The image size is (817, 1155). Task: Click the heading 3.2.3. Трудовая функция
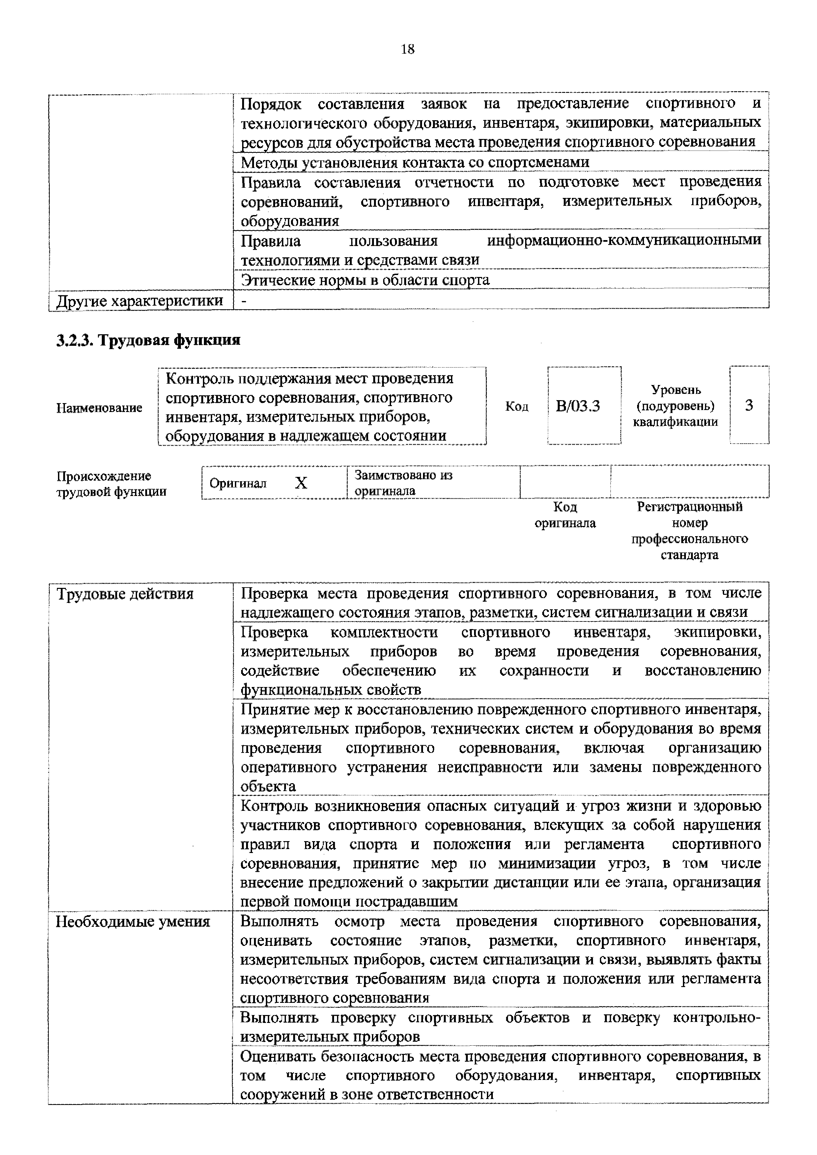click(x=148, y=341)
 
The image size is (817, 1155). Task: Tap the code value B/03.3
click(x=578, y=406)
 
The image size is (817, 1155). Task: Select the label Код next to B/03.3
click(x=517, y=406)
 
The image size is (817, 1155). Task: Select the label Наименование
click(x=99, y=407)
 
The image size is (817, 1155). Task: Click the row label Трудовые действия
click(x=125, y=594)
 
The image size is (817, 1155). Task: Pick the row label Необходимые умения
click(x=133, y=921)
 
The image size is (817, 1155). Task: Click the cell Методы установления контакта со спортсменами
click(x=415, y=162)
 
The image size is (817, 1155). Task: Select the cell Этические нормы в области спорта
click(x=365, y=280)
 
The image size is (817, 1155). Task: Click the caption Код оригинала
click(x=565, y=515)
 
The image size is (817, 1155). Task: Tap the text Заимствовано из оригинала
click(x=404, y=482)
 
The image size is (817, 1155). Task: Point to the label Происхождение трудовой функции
click(x=111, y=483)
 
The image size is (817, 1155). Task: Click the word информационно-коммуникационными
click(x=624, y=240)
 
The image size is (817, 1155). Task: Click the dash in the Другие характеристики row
click(x=244, y=301)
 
